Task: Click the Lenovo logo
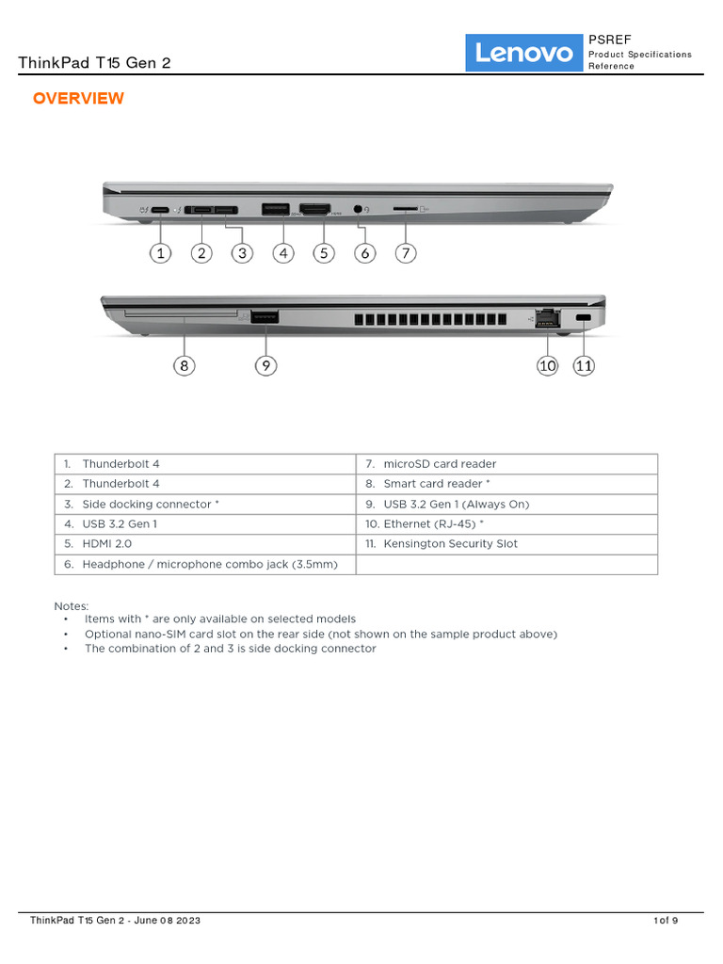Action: point(524,54)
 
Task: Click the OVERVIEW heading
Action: point(78,99)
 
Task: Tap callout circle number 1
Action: point(161,252)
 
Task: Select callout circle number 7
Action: point(405,252)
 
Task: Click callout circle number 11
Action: point(585,365)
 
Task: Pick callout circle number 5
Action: point(324,252)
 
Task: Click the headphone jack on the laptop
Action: point(359,209)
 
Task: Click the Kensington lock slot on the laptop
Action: point(584,320)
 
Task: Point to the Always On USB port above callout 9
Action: point(265,318)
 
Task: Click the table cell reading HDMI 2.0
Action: point(205,543)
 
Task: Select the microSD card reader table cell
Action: point(506,463)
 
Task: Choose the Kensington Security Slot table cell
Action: point(506,543)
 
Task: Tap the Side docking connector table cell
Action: point(205,504)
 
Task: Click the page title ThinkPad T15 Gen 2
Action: point(94,63)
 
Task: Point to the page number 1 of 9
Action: point(666,920)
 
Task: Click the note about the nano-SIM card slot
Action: point(320,634)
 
